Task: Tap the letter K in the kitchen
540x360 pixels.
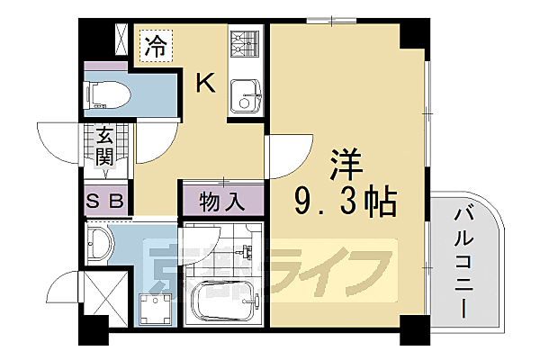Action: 206,83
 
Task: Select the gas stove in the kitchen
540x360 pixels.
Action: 244,44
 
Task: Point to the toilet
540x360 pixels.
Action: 105,94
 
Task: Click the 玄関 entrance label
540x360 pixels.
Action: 105,147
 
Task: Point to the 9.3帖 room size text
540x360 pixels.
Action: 345,203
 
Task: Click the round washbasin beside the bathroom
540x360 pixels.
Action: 102,244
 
